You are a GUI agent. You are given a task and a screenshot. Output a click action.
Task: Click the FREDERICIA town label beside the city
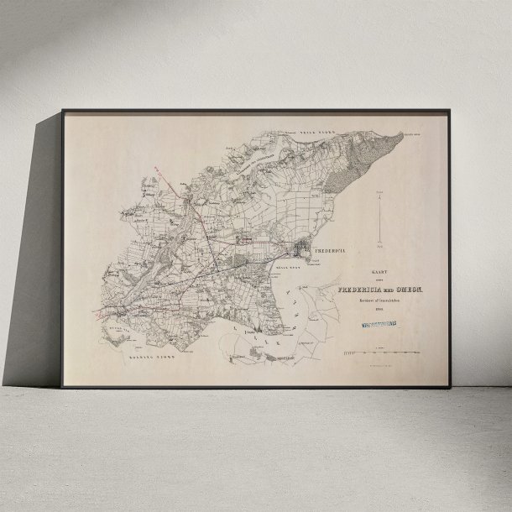(x=329, y=251)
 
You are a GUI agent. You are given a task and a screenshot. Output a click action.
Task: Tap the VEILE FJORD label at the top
(x=312, y=133)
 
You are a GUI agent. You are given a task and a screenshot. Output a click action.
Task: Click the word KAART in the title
(x=379, y=270)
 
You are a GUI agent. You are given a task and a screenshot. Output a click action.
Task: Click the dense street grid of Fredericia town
(x=301, y=250)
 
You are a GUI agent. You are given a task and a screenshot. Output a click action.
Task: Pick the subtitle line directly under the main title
(x=379, y=300)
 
